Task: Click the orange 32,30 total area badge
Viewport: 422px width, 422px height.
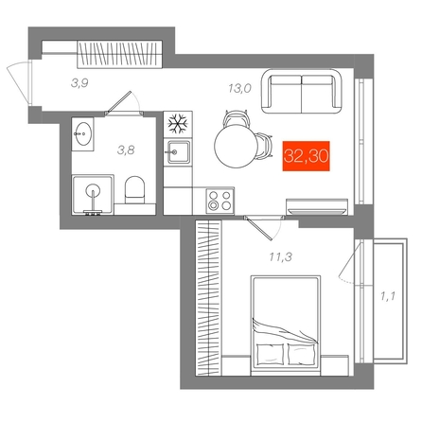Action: pyautogui.click(x=306, y=156)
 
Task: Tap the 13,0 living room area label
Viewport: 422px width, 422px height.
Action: pyautogui.click(x=239, y=89)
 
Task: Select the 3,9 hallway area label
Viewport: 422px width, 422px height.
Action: pyautogui.click(x=79, y=83)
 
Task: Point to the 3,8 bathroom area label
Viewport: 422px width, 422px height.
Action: pyautogui.click(x=126, y=150)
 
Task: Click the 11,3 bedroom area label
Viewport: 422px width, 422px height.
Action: pyautogui.click(x=280, y=257)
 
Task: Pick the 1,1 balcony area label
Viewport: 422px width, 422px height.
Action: pyautogui.click(x=388, y=296)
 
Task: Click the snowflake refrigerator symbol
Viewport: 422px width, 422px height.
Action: pyautogui.click(x=178, y=124)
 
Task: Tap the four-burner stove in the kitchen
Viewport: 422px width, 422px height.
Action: pyautogui.click(x=220, y=201)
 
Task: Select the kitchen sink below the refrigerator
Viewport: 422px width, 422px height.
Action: pyautogui.click(x=178, y=152)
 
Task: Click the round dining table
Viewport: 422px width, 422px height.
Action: pyautogui.click(x=236, y=146)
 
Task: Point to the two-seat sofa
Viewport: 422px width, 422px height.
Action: pyautogui.click(x=302, y=92)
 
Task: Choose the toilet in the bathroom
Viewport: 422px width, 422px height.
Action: pyautogui.click(x=134, y=190)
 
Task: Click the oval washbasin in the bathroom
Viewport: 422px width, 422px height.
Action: pyautogui.click(x=84, y=133)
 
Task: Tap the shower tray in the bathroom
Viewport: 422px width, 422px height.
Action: pyautogui.click(x=93, y=195)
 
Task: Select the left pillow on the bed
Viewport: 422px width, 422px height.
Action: pyautogui.click(x=270, y=354)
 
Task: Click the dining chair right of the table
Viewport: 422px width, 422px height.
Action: pyautogui.click(x=264, y=146)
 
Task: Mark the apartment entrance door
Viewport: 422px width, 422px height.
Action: pyautogui.click(x=19, y=83)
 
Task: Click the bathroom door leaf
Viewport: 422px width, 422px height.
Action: pyautogui.click(x=118, y=102)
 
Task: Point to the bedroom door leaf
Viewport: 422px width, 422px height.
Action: pyautogui.click(x=259, y=229)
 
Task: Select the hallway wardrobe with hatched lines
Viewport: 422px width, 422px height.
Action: pyautogui.click(x=119, y=54)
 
